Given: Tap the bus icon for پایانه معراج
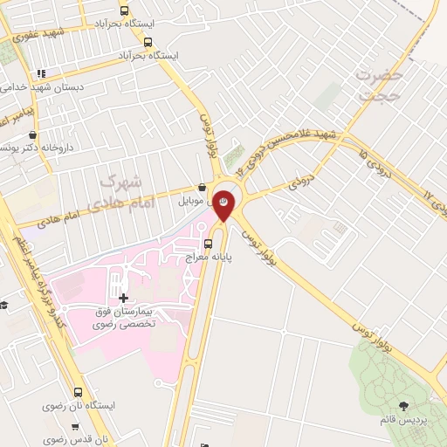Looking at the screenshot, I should click(x=209, y=244).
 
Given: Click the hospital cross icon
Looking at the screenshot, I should click(x=123, y=297).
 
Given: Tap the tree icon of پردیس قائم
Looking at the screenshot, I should click(x=403, y=405).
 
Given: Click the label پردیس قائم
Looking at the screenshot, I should click(x=405, y=421).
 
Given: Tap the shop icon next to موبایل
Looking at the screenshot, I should click(x=203, y=187).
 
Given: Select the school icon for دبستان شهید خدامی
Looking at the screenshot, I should click(x=40, y=74).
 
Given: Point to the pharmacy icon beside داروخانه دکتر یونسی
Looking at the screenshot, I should click(x=33, y=135).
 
